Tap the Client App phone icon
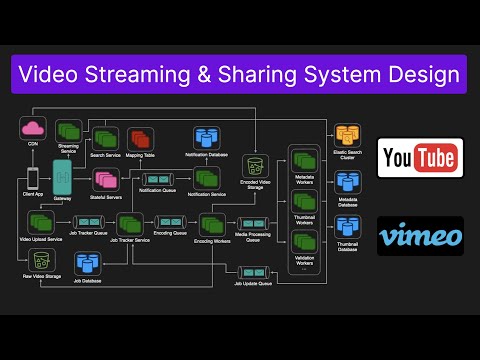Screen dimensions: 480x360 [32, 178]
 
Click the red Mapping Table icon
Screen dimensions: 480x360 [139, 138]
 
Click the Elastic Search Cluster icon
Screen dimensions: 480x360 [346, 135]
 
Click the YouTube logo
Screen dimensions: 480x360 [419, 158]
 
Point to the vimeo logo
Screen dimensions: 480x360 [419, 237]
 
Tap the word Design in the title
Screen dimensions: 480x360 [412, 73]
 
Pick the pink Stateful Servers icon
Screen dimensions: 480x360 [104, 180]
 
